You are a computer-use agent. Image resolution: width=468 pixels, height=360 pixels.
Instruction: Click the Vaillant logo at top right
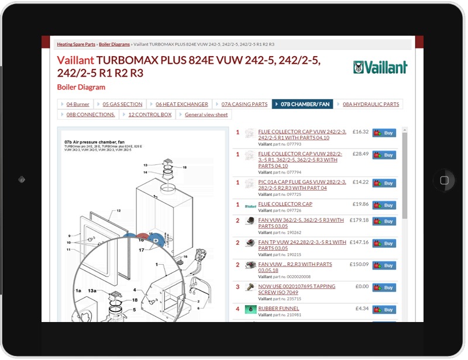380,67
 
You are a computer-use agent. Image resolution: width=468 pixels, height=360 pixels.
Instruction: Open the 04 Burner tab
77,104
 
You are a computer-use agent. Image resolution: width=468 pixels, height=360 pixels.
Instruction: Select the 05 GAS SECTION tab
122,104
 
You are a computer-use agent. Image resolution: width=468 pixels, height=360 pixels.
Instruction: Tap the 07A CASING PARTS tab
244,104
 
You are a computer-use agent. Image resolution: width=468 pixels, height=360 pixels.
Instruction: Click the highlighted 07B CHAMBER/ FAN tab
305,104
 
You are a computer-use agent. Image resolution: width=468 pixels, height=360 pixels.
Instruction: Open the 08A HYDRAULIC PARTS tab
370,104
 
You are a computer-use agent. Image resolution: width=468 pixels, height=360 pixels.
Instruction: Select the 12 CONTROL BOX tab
150,115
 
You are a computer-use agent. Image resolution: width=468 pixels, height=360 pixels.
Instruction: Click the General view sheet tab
206,115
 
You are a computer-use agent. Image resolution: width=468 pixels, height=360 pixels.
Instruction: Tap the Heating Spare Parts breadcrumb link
76,44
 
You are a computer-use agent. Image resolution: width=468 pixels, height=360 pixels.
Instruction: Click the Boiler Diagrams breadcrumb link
115,44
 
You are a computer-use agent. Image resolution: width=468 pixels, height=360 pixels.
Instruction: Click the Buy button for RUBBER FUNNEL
384,310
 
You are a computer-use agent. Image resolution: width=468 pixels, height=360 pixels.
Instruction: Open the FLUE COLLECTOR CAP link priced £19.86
285,204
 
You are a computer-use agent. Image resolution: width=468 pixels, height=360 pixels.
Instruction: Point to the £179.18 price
358,220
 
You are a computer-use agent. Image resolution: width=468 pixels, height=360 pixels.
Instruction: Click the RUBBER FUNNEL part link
278,308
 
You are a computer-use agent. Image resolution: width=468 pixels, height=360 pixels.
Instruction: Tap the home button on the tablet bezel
445,179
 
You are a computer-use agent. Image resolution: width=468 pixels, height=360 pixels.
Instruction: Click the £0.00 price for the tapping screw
362,286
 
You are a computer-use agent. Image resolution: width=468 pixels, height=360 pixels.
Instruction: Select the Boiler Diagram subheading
81,87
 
